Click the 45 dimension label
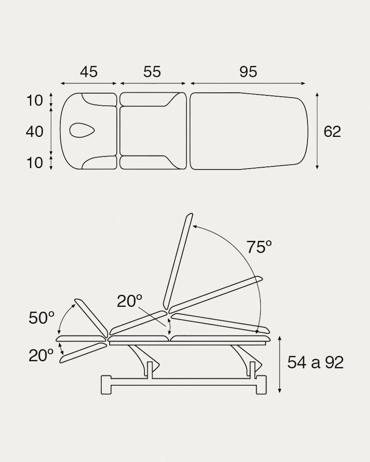coord(89,72)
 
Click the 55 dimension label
coord(152,72)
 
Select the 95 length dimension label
coord(248,72)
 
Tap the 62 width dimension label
coord(332,131)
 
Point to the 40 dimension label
coord(35,131)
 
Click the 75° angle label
coord(259,247)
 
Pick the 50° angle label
coord(42,318)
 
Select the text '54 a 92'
coord(316,362)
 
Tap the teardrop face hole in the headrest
coord(82,130)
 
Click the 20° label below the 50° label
coord(41,355)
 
